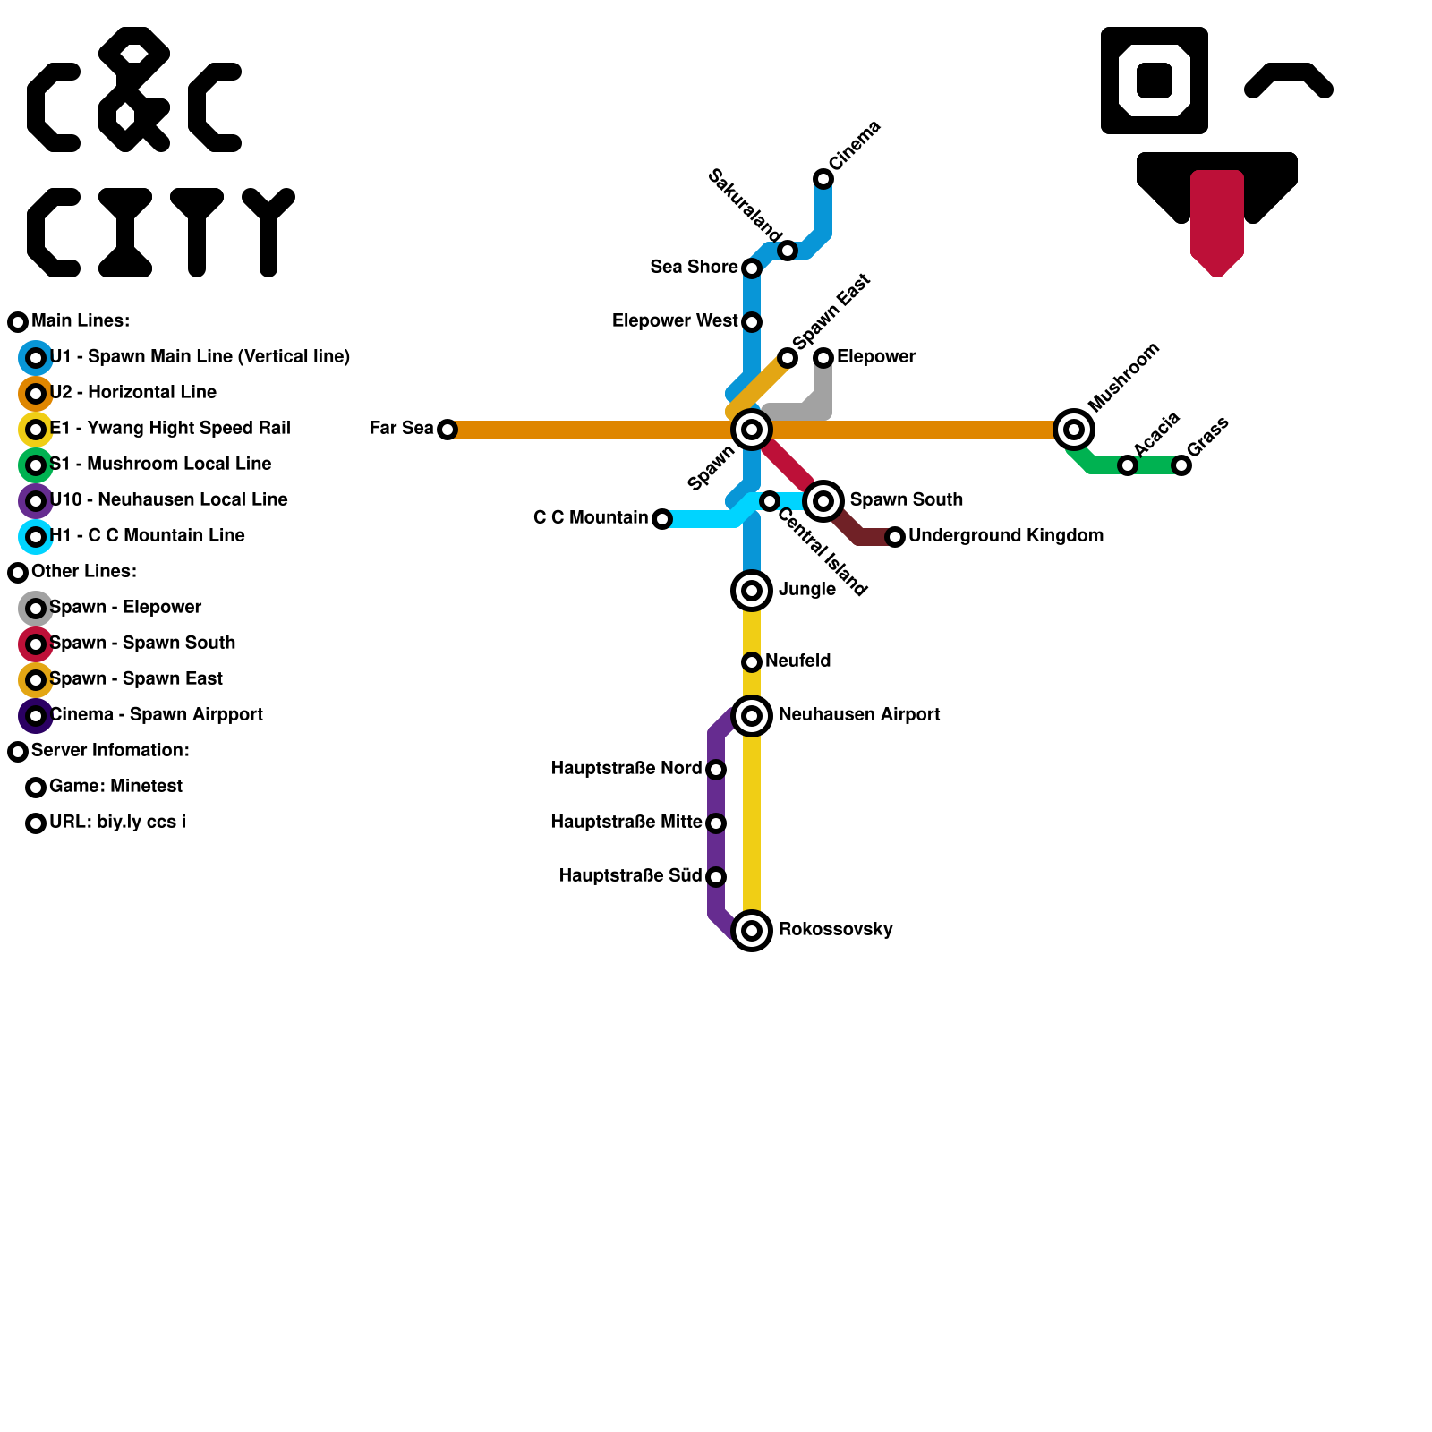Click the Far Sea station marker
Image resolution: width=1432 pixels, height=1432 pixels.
pyautogui.click(x=447, y=430)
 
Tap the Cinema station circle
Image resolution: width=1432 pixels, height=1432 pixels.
pyautogui.click(x=823, y=179)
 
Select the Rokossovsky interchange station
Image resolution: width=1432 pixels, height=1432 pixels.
pyautogui.click(x=752, y=931)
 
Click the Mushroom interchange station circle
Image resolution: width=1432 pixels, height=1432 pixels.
pyautogui.click(x=1074, y=430)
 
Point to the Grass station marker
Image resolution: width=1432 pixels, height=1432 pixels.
pyautogui.click(x=1181, y=465)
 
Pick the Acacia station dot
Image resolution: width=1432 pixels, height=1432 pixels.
pyautogui.click(x=1128, y=465)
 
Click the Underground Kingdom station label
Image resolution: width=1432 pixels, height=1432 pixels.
pyautogui.click(x=1005, y=535)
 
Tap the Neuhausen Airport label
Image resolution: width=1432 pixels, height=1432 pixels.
pyautogui.click(x=859, y=714)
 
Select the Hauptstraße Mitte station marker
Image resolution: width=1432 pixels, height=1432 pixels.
pyautogui.click(x=716, y=823)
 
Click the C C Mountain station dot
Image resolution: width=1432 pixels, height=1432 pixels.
pyautogui.click(x=662, y=519)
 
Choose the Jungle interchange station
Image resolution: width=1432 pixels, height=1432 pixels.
pyautogui.click(x=752, y=591)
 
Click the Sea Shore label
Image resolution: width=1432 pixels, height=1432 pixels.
pyautogui.click(x=694, y=267)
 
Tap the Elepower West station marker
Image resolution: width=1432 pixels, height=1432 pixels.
pyautogui.click(x=752, y=322)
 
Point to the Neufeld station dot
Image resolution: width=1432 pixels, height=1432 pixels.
pyautogui.click(x=752, y=662)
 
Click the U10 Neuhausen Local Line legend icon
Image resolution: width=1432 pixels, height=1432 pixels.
pyautogui.click(x=36, y=501)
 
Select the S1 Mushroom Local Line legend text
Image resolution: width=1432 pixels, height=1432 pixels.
pyautogui.click(x=161, y=464)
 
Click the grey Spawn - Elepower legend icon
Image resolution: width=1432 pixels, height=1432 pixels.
pyautogui.click(x=36, y=609)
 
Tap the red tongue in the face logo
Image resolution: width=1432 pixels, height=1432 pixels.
pyautogui.click(x=1217, y=219)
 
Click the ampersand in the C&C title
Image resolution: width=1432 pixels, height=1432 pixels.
pyautogui.click(x=134, y=89)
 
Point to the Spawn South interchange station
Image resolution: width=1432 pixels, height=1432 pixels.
pyautogui.click(x=823, y=501)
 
